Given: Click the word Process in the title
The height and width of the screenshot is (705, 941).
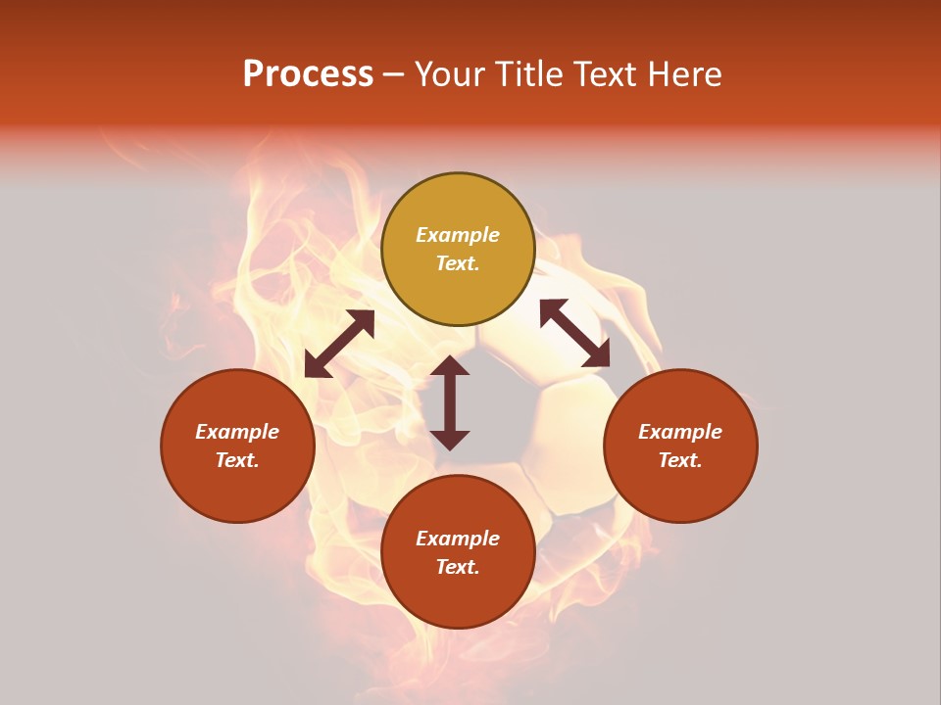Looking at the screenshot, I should click(308, 74).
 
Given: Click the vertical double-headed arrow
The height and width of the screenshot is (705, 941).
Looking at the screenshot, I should click(450, 402).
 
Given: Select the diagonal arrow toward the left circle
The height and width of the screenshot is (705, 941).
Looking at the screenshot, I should click(339, 344).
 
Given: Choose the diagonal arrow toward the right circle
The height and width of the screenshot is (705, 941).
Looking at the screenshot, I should click(574, 333).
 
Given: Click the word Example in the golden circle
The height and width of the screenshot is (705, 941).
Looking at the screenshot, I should click(458, 235).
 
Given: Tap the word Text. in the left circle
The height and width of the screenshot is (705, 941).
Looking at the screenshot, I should click(237, 460).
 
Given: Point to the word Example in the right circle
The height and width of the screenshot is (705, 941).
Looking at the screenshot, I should click(680, 432).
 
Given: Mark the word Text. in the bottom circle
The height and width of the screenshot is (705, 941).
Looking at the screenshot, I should click(458, 567).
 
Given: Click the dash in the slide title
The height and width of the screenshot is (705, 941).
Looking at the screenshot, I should click(394, 74).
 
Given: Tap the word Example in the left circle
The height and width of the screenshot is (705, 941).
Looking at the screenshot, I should click(237, 432).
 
